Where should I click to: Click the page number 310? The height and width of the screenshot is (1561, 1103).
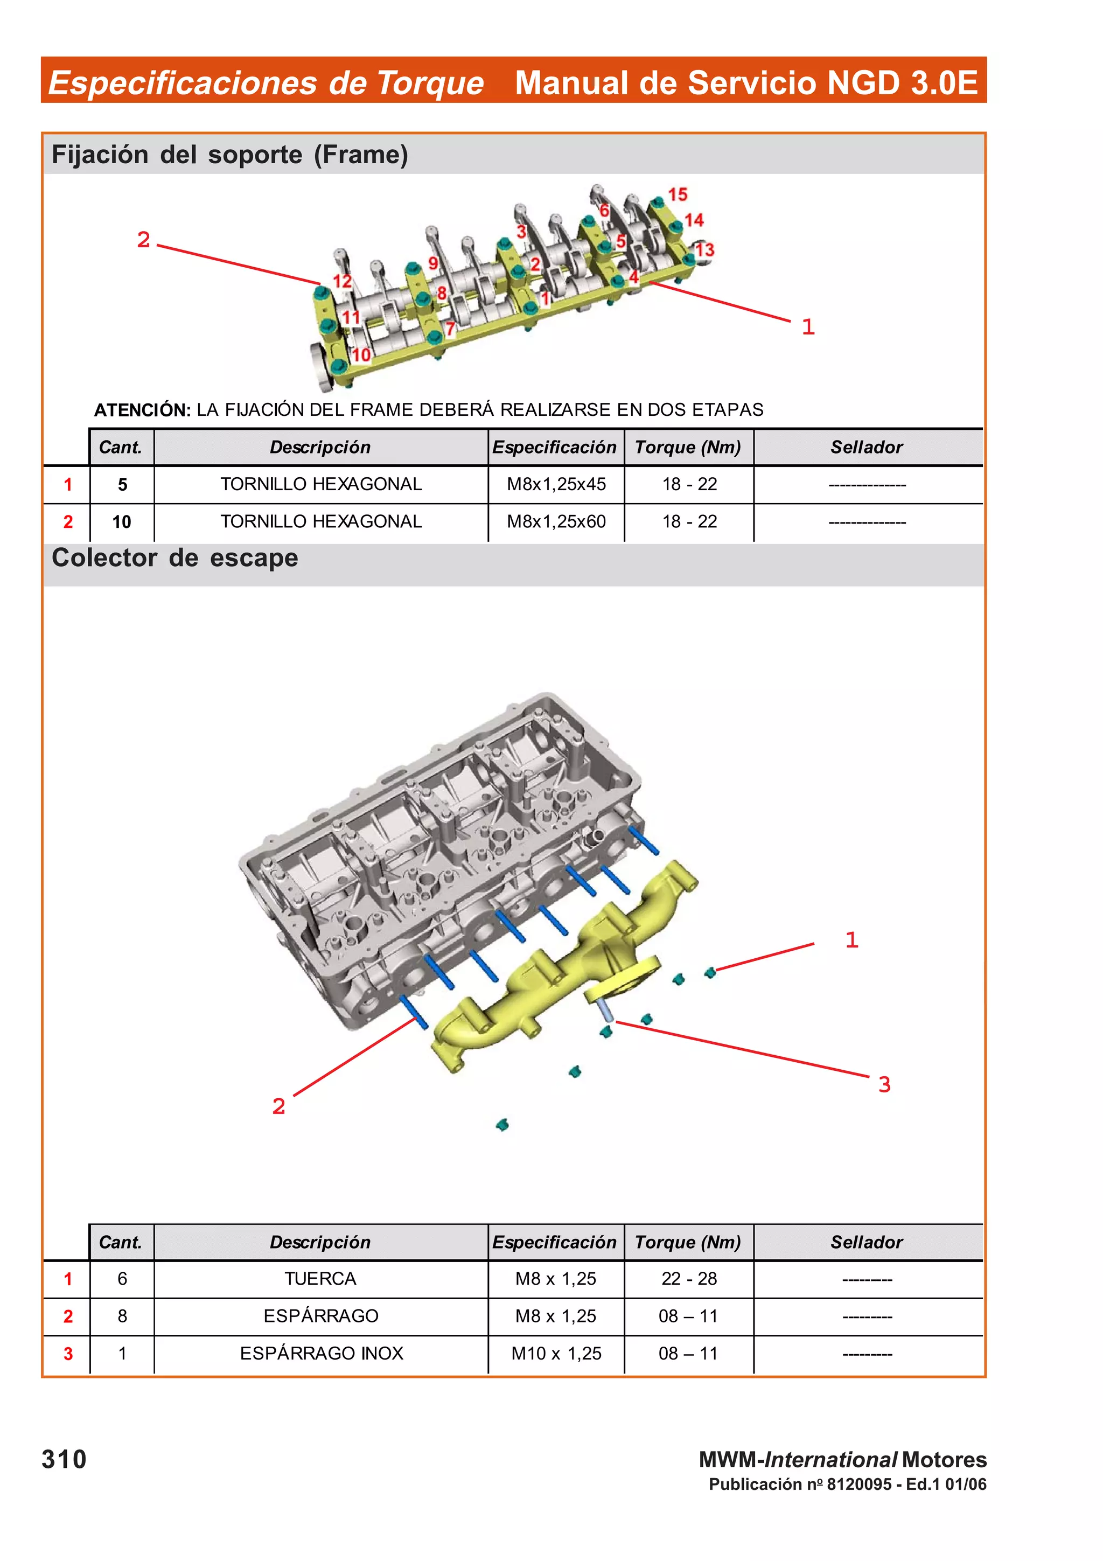click(64, 1459)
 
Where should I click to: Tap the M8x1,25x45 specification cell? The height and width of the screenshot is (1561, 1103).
click(556, 484)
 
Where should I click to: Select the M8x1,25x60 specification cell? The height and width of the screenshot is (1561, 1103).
click(556, 521)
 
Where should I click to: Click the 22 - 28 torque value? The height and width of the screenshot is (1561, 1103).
click(688, 1279)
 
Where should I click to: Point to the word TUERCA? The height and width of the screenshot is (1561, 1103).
click(320, 1279)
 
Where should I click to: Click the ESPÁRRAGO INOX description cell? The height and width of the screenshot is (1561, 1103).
click(322, 1353)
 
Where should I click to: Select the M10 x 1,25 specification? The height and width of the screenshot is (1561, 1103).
click(556, 1353)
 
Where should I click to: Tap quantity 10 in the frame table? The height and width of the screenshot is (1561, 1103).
click(122, 521)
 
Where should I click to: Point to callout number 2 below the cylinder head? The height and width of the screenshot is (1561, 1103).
click(278, 1106)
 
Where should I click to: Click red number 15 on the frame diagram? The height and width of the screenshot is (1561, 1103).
click(678, 194)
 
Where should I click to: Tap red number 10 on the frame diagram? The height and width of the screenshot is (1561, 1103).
click(361, 354)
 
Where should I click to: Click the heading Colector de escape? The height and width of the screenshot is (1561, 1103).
click(174, 558)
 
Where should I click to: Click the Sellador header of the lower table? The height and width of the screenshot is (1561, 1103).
click(867, 1242)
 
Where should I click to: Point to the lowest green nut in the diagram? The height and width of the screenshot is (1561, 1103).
click(502, 1125)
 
